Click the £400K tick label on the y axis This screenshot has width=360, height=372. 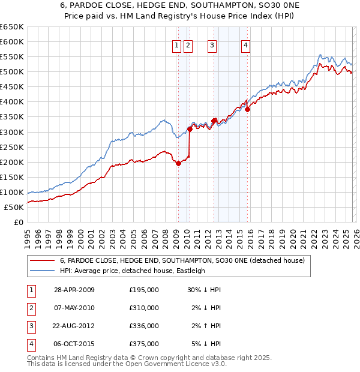pyautogui.click(x=12, y=102)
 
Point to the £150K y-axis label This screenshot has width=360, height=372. pyautogui.click(x=12, y=177)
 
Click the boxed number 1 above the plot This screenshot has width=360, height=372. pyautogui.click(x=178, y=45)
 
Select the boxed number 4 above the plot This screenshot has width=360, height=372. pyautogui.click(x=247, y=45)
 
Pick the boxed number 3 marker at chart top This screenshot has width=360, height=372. pyautogui.click(x=212, y=45)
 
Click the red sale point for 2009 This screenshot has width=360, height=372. pyautogui.click(x=178, y=163)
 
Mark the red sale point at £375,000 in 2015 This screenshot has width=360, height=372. pyautogui.click(x=247, y=109)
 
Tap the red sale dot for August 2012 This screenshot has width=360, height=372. pyautogui.click(x=214, y=121)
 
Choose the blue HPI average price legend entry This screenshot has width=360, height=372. pyautogui.click(x=133, y=271)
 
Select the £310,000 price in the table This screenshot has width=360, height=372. pyautogui.click(x=144, y=308)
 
